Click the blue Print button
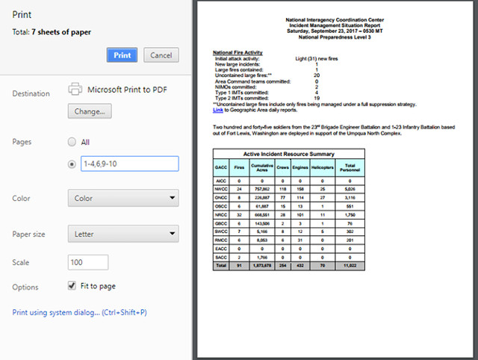pos(122,55)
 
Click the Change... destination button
pos(90,111)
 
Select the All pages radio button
pos(72,141)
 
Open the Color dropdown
pos(123,199)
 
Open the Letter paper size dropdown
pos(123,234)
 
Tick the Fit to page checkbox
pos(72,285)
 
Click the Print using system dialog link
pos(80,312)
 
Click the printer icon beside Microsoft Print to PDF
pos(75,89)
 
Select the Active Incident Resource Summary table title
pos(288,154)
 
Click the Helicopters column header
pos(322,167)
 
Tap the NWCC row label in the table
pos(221,189)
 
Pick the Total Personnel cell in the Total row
pos(351,264)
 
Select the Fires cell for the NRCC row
pos(239,214)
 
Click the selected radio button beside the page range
pos(72,164)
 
